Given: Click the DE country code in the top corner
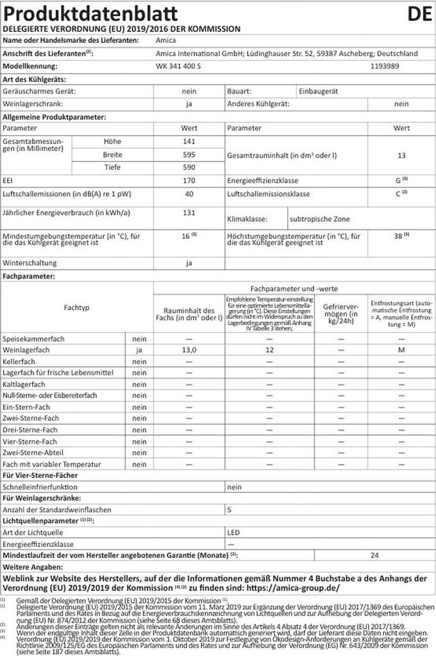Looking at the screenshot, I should coord(417,13).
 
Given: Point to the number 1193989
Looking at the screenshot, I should coord(386,66).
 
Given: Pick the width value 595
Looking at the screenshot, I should coord(189,154).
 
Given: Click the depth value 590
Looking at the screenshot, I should coord(189,167).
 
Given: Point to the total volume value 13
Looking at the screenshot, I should coord(401,154).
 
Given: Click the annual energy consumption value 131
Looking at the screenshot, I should coord(189,213).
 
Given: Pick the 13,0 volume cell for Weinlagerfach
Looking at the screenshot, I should coord(189,350).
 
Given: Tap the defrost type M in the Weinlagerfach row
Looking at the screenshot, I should coord(401,350).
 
